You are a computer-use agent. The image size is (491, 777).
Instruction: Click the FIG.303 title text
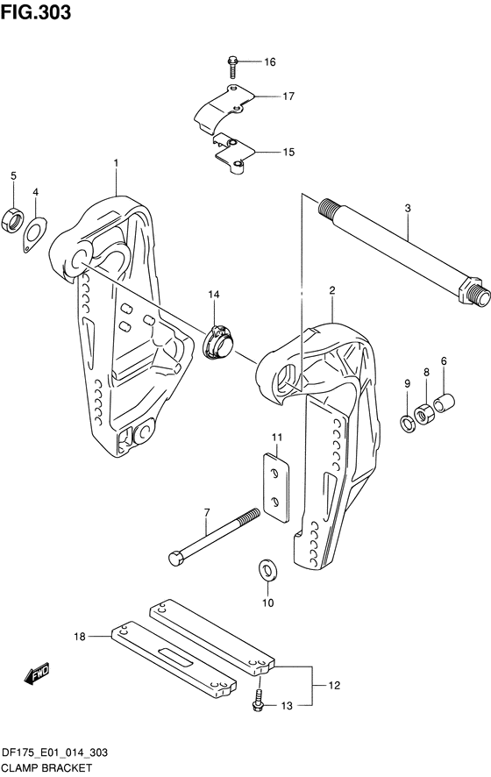[x=36, y=12]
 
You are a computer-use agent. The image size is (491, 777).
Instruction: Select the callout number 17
[x=288, y=96]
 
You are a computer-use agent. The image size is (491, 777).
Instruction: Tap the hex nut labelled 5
[x=13, y=219]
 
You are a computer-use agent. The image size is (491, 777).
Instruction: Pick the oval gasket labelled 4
[x=35, y=234]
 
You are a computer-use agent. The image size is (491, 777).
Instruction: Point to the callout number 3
[x=408, y=208]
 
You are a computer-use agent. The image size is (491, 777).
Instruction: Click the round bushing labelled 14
[x=220, y=341]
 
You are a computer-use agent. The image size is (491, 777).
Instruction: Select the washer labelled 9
[x=408, y=424]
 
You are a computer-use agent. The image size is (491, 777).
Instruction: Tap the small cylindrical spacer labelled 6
[x=445, y=403]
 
